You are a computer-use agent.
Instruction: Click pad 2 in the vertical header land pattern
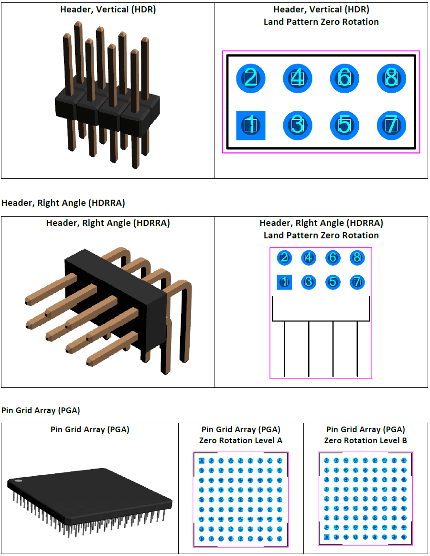[x=250, y=77]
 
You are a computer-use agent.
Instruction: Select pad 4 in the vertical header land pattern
[x=297, y=77]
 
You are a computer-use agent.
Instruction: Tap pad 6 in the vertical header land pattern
[x=344, y=77]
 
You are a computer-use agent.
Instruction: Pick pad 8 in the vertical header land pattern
[x=391, y=77]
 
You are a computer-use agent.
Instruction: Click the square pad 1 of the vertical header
[x=250, y=125]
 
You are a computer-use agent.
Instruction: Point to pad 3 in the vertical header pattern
[x=297, y=125]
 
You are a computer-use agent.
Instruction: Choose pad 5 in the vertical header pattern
[x=344, y=125]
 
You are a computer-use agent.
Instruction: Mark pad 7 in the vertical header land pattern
[x=391, y=125]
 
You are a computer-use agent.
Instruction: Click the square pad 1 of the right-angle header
[x=284, y=282]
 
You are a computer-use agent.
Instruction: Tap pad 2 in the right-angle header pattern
[x=284, y=258]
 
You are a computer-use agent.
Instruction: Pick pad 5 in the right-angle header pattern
[x=333, y=282]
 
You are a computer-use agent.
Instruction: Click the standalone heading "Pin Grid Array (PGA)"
[x=41, y=410]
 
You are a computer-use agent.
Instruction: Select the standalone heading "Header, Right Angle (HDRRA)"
[x=63, y=203]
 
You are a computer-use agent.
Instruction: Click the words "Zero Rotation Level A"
[x=241, y=440]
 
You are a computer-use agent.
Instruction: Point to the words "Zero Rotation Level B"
[x=365, y=440]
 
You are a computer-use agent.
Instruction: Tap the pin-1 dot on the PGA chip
[x=18, y=481]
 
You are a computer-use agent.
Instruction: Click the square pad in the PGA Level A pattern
[x=201, y=460]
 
